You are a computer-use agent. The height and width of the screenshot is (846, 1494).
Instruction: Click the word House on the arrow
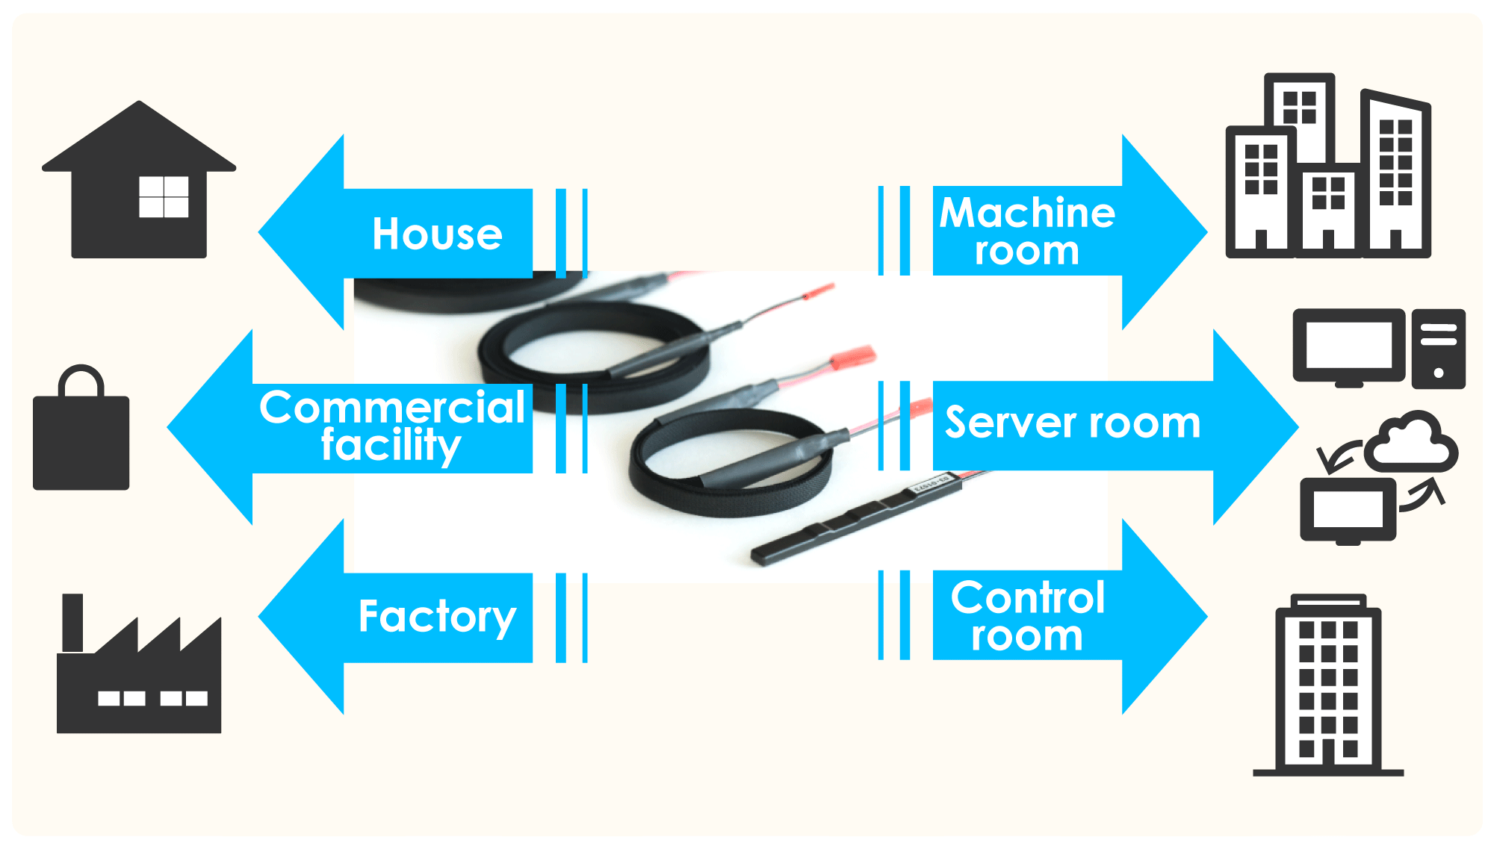pyautogui.click(x=437, y=234)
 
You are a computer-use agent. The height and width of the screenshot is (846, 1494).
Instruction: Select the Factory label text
pyautogui.click(x=437, y=618)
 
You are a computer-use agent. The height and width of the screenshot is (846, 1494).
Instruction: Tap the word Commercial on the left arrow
pyautogui.click(x=392, y=408)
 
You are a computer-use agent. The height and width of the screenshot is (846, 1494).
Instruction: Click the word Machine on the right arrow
pyautogui.click(x=1027, y=213)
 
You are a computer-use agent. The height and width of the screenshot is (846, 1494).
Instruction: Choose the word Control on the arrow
pyautogui.click(x=1028, y=597)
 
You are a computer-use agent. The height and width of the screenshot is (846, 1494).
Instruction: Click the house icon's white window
pyautogui.click(x=164, y=197)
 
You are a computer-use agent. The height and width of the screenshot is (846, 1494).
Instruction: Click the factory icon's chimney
pyautogui.click(x=72, y=622)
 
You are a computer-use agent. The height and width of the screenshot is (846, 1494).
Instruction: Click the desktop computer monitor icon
pyautogui.click(x=1348, y=346)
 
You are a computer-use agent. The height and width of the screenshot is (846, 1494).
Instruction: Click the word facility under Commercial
pyautogui.click(x=391, y=446)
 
